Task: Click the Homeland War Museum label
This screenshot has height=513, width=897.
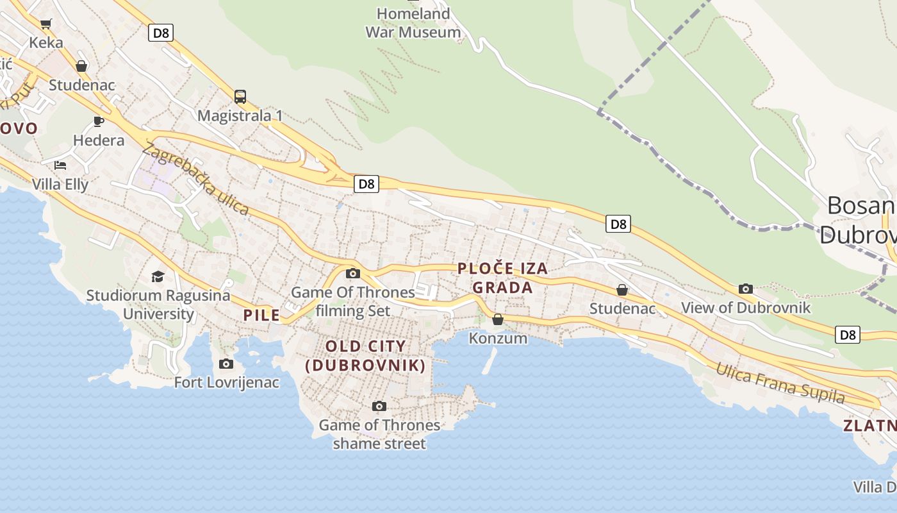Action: pos(413,22)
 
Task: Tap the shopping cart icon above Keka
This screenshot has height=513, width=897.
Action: pos(45,24)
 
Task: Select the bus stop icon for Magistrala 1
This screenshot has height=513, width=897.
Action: pos(240,97)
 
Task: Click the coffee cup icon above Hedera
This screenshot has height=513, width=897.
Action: pos(99,121)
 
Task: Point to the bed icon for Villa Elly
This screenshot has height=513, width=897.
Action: pos(60,165)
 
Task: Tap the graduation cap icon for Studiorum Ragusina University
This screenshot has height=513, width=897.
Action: pos(158,276)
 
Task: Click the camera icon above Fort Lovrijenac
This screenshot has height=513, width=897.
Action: pos(226,364)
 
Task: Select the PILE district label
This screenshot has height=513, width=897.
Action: pos(261,315)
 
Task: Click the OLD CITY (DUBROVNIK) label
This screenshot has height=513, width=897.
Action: pos(365,356)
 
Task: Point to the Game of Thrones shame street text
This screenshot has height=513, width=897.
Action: pos(379,434)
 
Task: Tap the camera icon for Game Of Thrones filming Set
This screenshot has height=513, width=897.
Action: pos(352,274)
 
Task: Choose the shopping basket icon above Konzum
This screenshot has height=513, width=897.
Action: pos(498,319)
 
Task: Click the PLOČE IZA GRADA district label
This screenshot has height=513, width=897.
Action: pos(503,278)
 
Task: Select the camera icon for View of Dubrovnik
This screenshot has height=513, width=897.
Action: pos(745,289)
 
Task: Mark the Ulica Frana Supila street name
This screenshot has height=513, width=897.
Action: pos(780,383)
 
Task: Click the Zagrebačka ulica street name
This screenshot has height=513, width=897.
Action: pos(195,179)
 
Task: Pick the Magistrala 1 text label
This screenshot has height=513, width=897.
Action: pos(240,116)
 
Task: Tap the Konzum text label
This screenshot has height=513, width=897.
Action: pos(498,338)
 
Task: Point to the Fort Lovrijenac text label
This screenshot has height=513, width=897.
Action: pos(227,383)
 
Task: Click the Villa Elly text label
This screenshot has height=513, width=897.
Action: pos(60,184)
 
